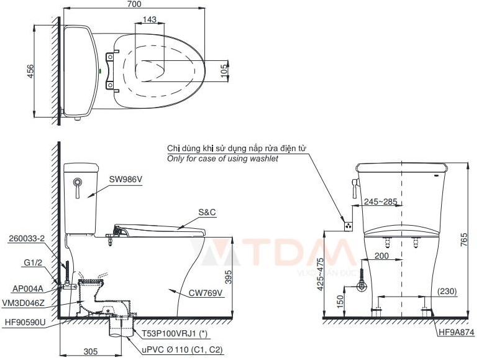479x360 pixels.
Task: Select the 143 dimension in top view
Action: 149,20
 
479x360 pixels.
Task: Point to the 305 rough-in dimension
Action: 92,351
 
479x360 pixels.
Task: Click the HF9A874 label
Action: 456,333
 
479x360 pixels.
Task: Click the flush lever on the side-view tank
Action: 77,185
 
